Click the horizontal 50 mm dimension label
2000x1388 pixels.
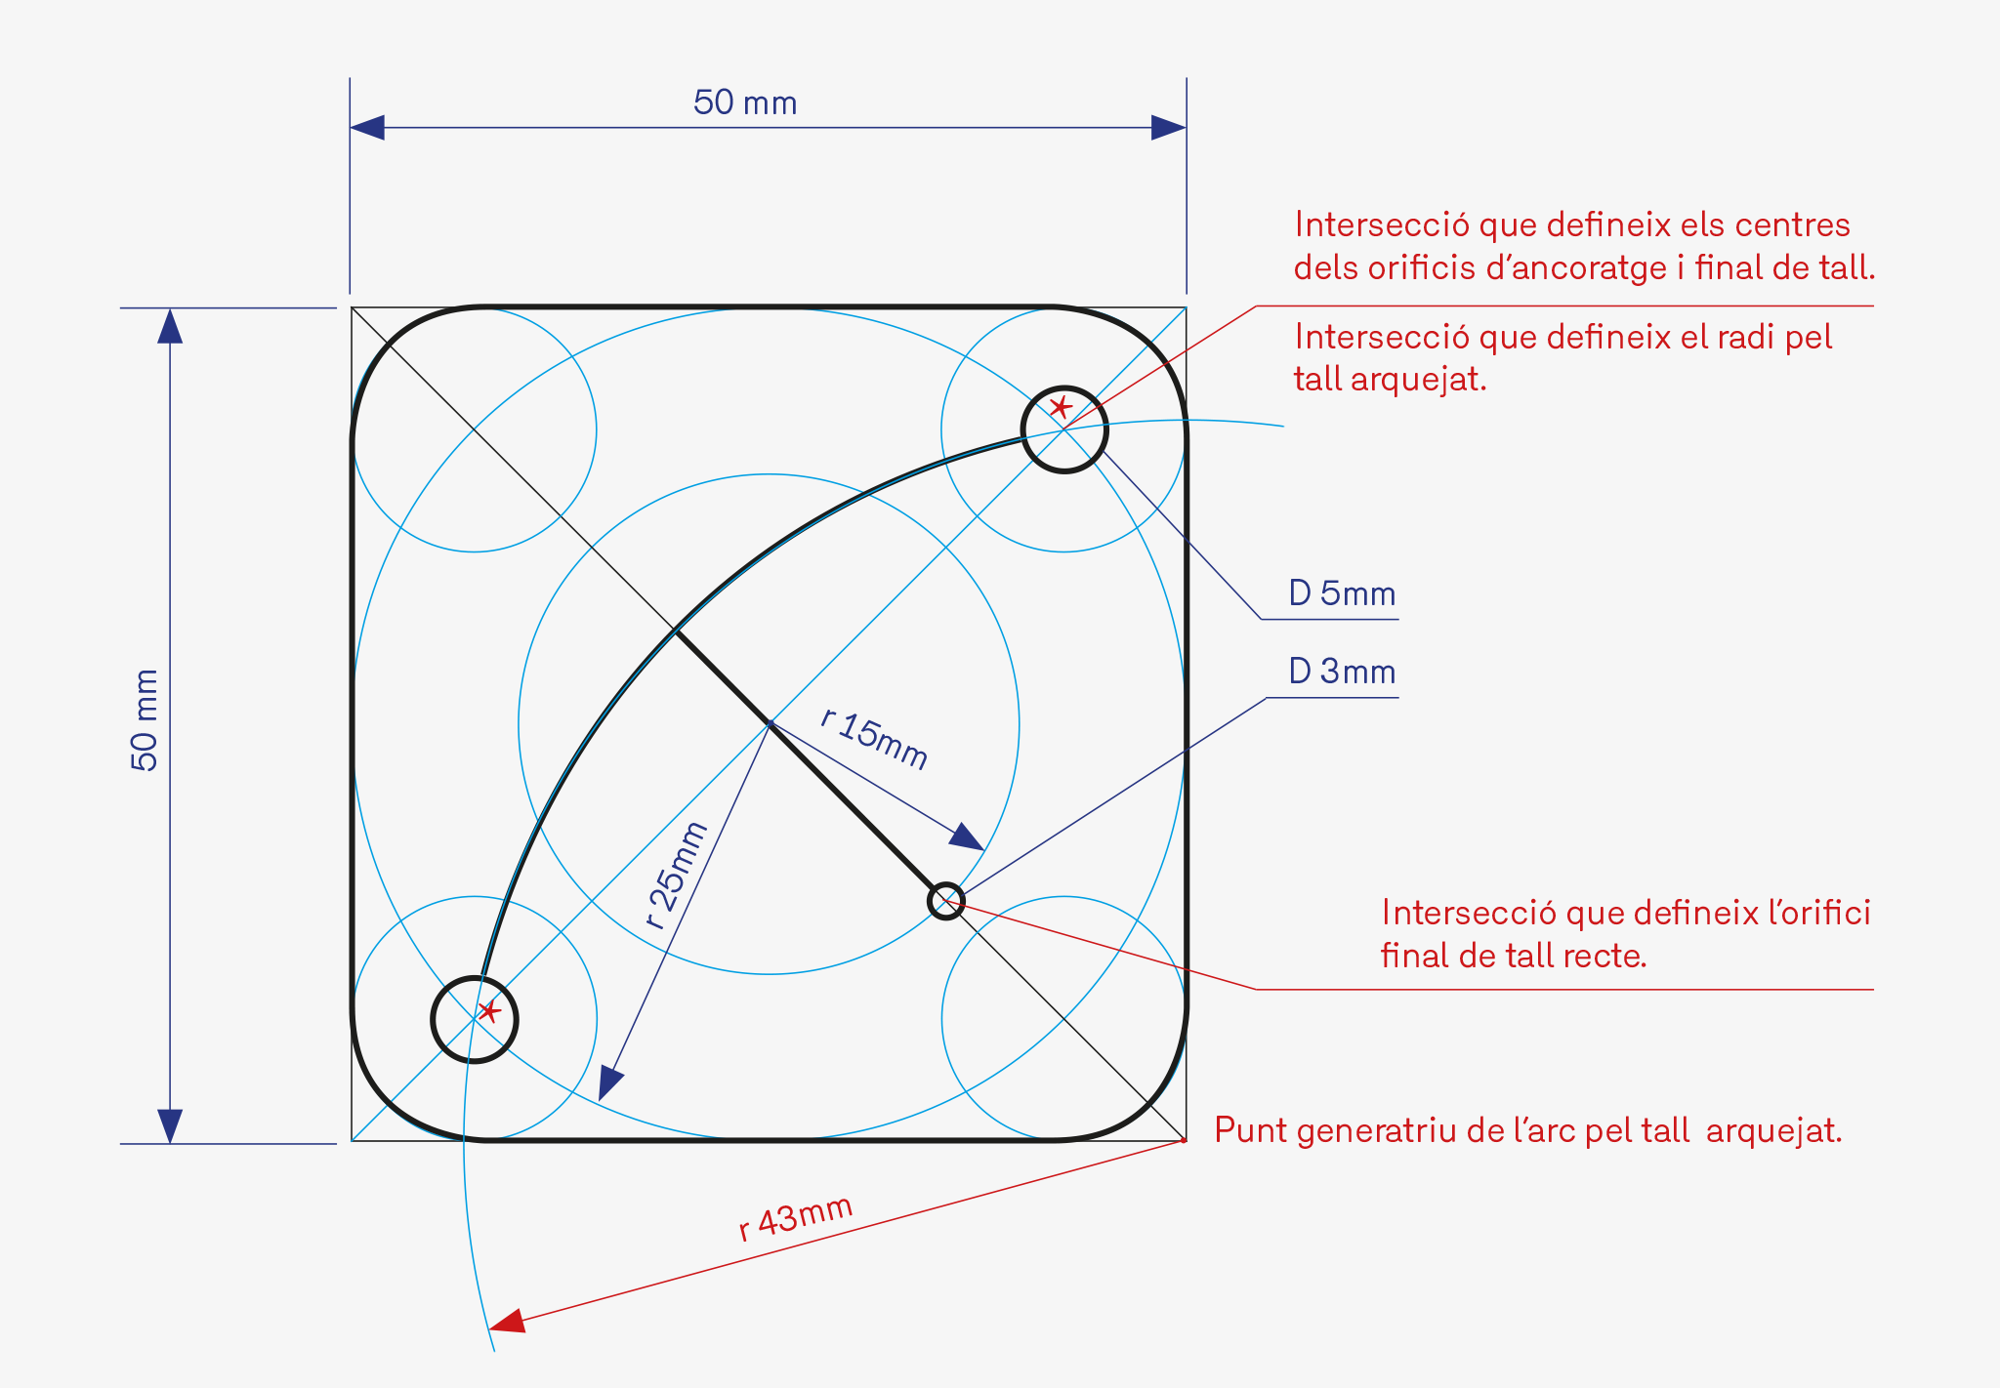(x=745, y=103)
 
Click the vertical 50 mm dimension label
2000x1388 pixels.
(x=145, y=720)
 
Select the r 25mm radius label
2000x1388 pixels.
(x=676, y=876)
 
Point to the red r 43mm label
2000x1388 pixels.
(x=795, y=1217)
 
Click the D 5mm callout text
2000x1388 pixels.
(x=1342, y=593)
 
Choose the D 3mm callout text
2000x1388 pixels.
(x=1342, y=672)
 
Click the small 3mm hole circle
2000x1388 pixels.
(x=945, y=901)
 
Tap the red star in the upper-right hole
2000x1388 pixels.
(x=1061, y=407)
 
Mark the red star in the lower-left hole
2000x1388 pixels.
(x=489, y=1011)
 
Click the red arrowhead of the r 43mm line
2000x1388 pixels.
(x=508, y=1322)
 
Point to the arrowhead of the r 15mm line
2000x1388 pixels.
(x=967, y=837)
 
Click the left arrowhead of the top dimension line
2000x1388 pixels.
(x=367, y=128)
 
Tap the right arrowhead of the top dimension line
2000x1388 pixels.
(x=1169, y=128)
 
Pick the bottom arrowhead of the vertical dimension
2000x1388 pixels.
(x=170, y=1125)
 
